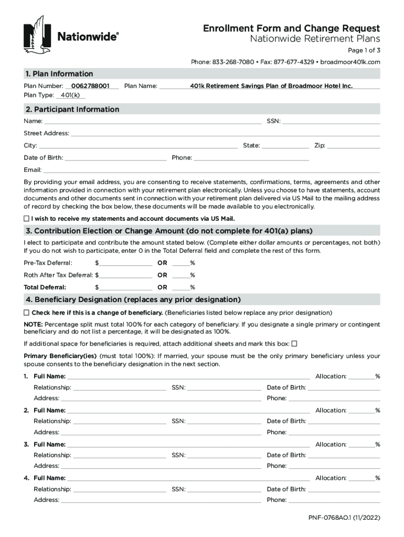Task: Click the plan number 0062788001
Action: (x=90, y=85)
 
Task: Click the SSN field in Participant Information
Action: (x=331, y=122)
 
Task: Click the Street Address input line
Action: (x=225, y=134)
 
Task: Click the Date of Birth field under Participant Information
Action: (x=115, y=157)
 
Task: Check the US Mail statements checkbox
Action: (x=27, y=218)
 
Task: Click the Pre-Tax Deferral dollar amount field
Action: (x=125, y=262)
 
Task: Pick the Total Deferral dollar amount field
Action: (x=125, y=287)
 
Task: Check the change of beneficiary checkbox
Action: (x=27, y=313)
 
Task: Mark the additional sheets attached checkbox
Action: (x=294, y=344)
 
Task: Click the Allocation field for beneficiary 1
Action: (x=362, y=377)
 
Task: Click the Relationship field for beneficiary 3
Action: (x=120, y=455)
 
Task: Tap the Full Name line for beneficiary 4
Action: (x=188, y=478)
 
